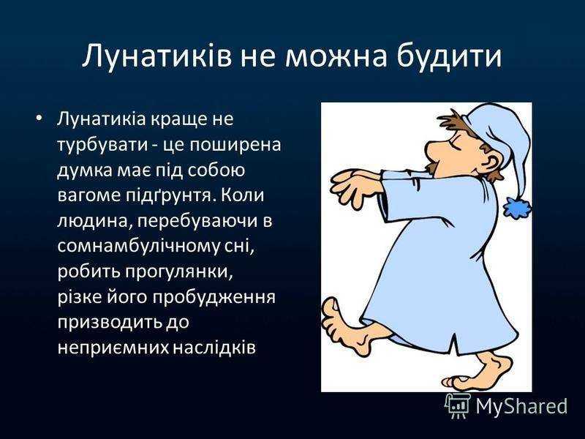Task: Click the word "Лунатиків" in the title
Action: [156, 56]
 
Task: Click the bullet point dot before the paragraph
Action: [39, 119]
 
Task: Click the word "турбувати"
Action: [103, 145]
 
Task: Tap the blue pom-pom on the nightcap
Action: [518, 207]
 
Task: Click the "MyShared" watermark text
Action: [521, 407]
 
